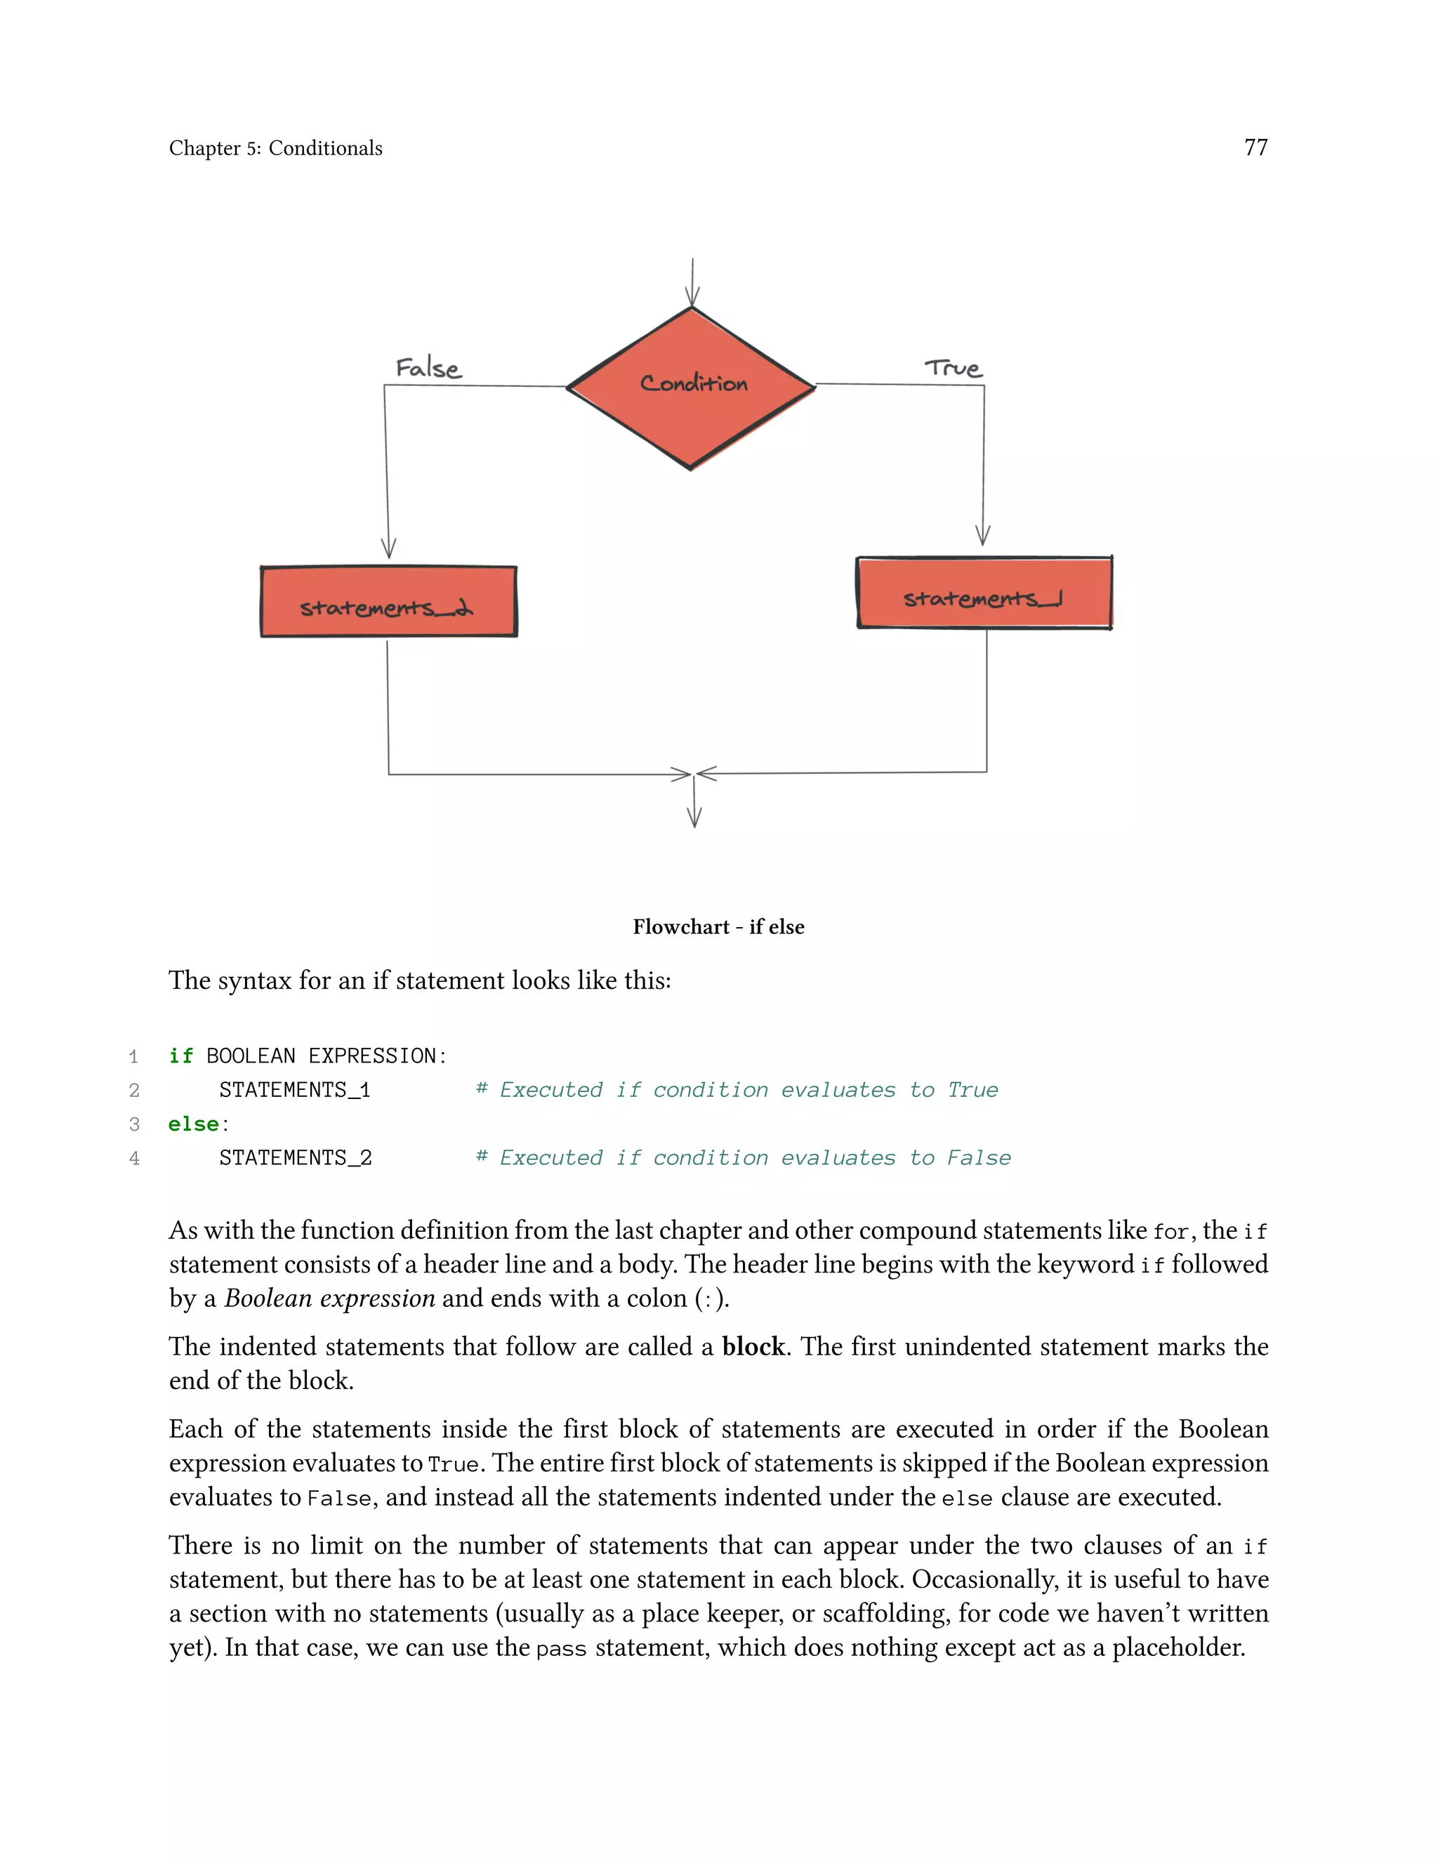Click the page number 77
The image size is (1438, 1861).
click(x=1255, y=147)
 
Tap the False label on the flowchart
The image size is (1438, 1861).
click(x=428, y=368)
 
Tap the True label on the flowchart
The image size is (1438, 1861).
click(x=954, y=368)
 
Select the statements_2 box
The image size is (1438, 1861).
click(x=388, y=602)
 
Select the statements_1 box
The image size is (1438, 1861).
click(x=984, y=593)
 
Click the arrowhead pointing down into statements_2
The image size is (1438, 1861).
click(x=388, y=548)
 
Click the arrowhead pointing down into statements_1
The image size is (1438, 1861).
click(x=982, y=535)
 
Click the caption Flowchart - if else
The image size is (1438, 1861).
click(x=718, y=926)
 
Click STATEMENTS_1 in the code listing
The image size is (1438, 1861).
click(x=295, y=1090)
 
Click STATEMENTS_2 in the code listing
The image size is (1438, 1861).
click(x=296, y=1158)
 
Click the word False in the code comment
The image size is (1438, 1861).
click(x=979, y=1158)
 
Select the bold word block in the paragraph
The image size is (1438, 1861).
click(x=753, y=1346)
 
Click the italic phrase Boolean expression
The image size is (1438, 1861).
click(x=330, y=1298)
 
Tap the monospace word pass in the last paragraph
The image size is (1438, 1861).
click(x=562, y=1649)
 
